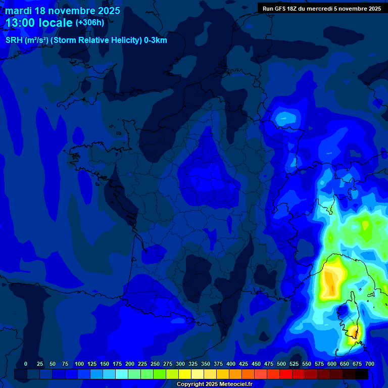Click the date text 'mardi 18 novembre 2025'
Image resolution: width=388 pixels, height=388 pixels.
pyautogui.click(x=63, y=11)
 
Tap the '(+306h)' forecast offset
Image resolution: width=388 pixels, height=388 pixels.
pyautogui.click(x=89, y=23)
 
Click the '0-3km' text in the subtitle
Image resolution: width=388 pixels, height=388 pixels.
pyautogui.click(x=156, y=40)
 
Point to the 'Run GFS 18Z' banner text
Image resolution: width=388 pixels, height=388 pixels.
pyautogui.click(x=279, y=8)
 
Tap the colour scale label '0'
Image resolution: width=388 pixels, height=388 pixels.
pyautogui.click(x=26, y=364)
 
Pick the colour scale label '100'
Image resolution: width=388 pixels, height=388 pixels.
pyautogui.click(x=79, y=364)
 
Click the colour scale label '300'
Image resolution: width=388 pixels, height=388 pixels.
pyautogui.click(x=180, y=364)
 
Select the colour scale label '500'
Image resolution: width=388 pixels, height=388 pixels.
pyautogui.click(x=281, y=364)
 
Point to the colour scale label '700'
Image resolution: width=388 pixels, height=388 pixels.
pyautogui.click(x=369, y=364)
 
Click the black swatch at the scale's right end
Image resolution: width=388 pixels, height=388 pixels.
pyautogui.click(x=362, y=374)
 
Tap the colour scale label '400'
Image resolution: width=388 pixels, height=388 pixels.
pyautogui.click(x=231, y=364)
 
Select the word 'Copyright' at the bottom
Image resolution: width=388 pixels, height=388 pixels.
pyautogui.click(x=191, y=384)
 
